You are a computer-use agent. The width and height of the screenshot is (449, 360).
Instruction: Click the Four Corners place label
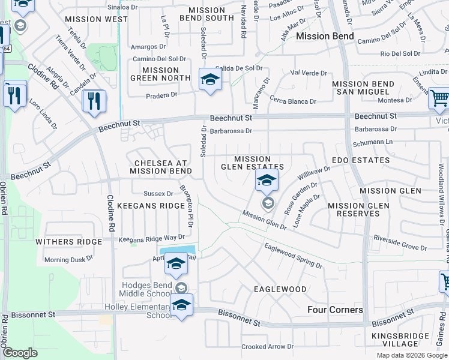(335, 310)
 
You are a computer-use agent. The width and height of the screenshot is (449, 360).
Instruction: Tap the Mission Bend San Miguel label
(363, 88)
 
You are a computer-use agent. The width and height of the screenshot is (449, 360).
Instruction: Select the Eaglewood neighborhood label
(280, 289)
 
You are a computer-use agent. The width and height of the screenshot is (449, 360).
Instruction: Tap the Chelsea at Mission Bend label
(161, 167)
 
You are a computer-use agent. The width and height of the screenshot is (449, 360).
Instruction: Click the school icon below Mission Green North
(210, 80)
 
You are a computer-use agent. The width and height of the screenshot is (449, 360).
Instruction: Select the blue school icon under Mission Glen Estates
(267, 179)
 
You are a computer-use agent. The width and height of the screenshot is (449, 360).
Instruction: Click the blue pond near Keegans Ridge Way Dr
(177, 250)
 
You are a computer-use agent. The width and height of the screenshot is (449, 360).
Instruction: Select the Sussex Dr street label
(158, 193)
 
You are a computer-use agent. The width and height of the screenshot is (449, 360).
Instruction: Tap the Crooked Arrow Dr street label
(267, 347)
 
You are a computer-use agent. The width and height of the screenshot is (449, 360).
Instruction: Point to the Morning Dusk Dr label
(68, 260)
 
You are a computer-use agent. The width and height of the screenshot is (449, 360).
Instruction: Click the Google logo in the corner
(20, 353)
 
